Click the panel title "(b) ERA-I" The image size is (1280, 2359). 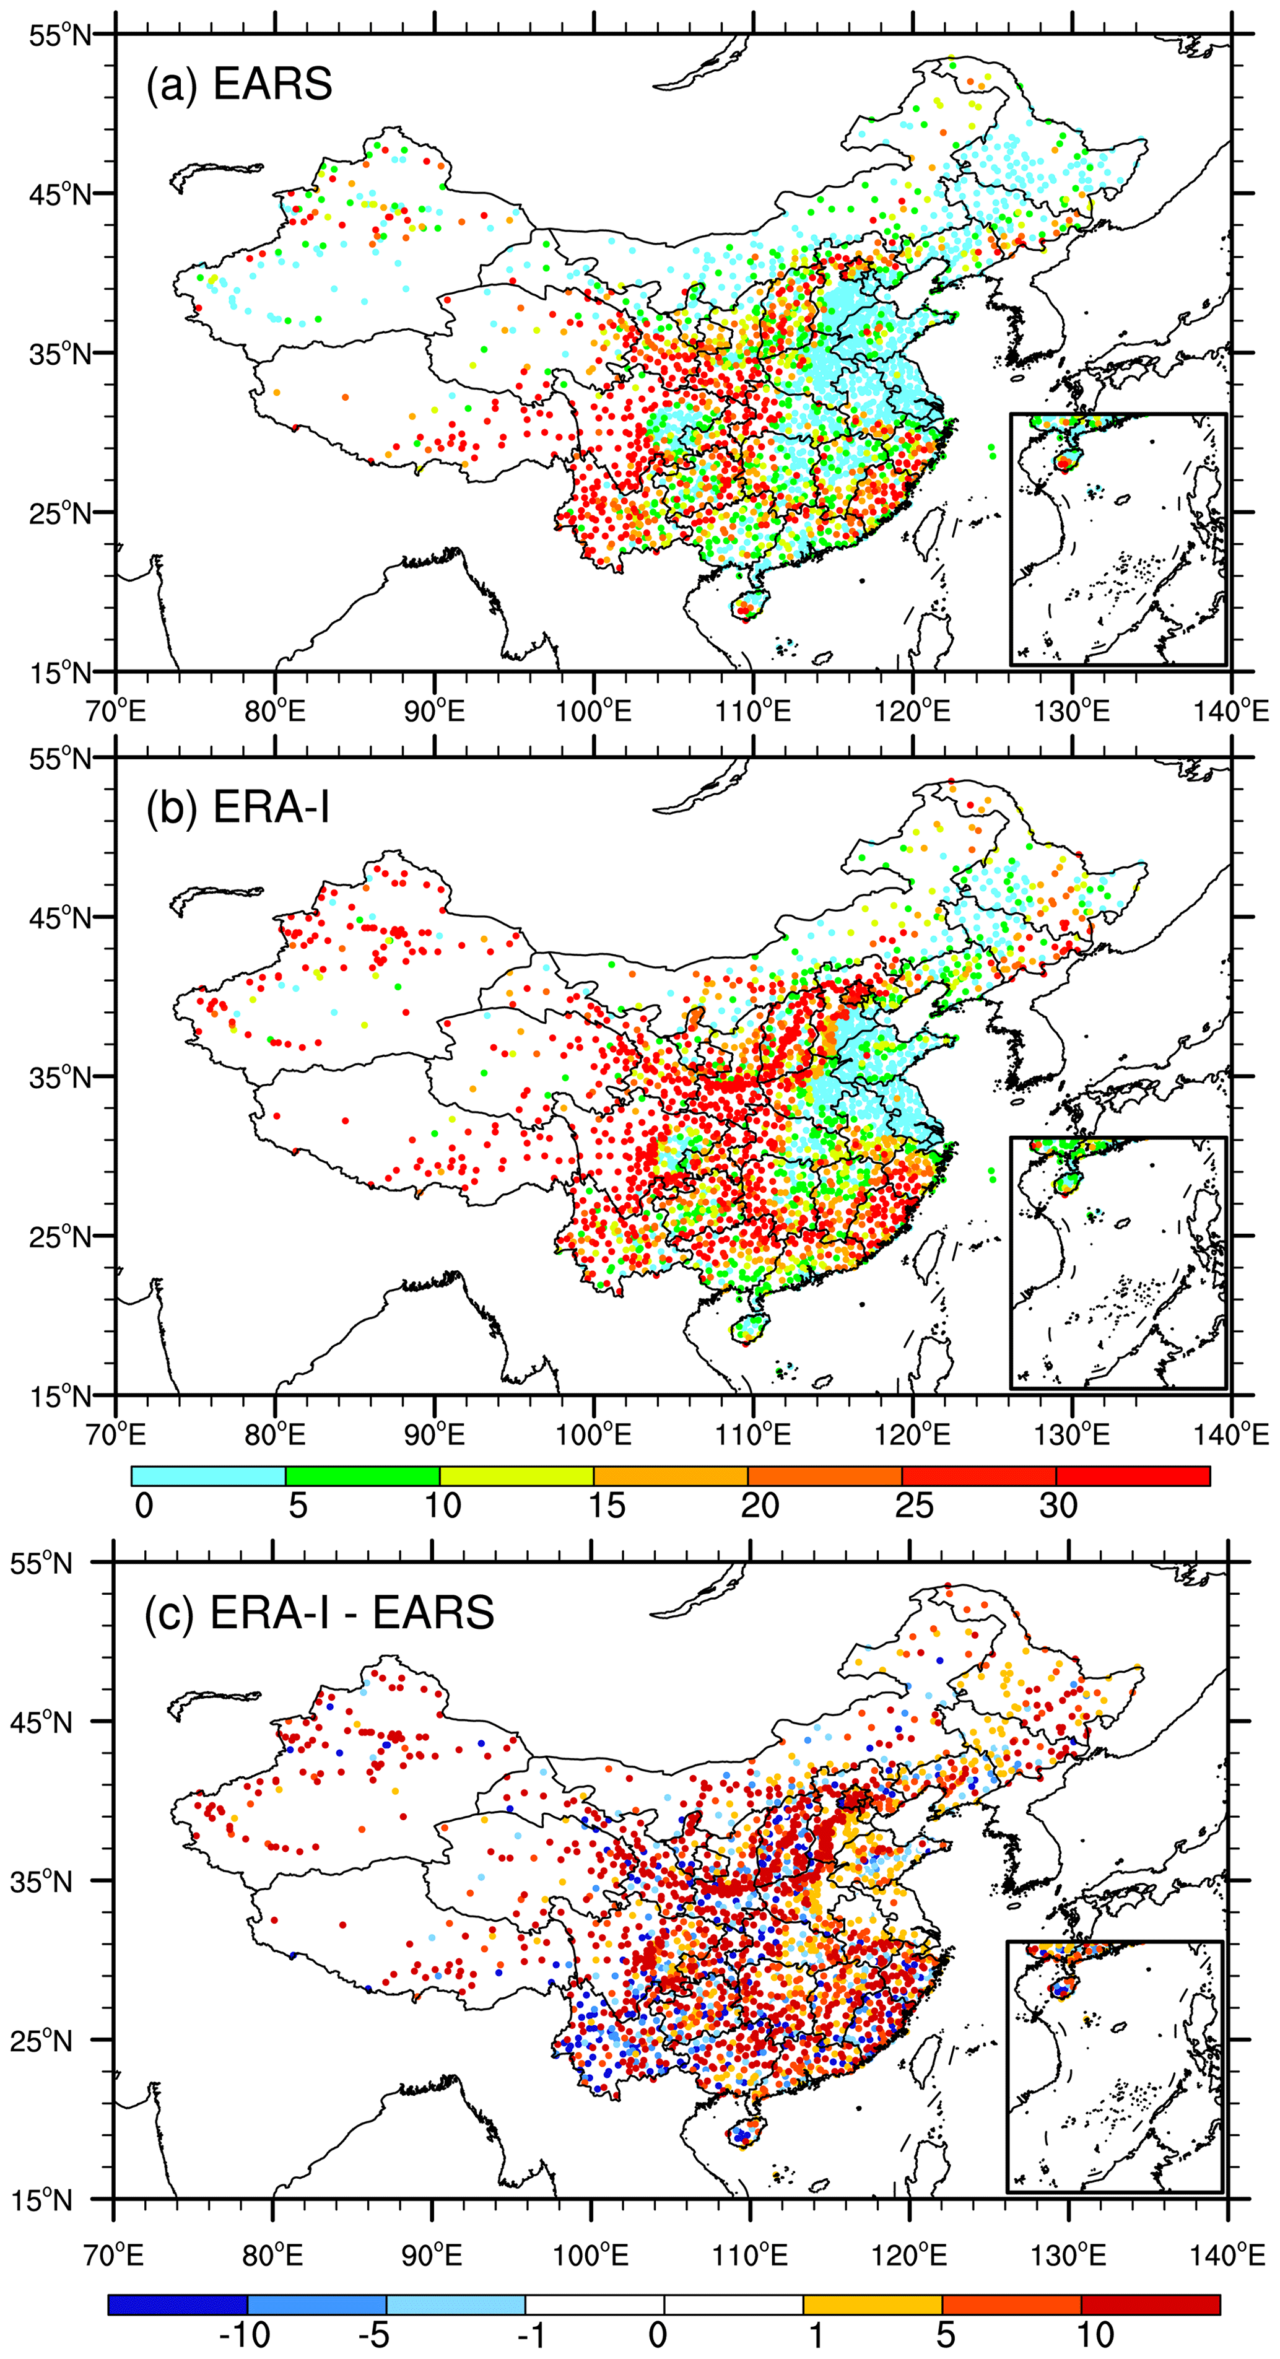238,808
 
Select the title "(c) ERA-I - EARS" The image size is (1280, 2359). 320,1611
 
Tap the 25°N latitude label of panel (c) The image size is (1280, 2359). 41,2040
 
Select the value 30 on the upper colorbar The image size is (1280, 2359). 1058,1506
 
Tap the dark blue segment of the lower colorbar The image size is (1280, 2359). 178,2304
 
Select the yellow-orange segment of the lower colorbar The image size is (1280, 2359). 872,2304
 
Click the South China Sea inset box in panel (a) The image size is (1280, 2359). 1118,539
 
